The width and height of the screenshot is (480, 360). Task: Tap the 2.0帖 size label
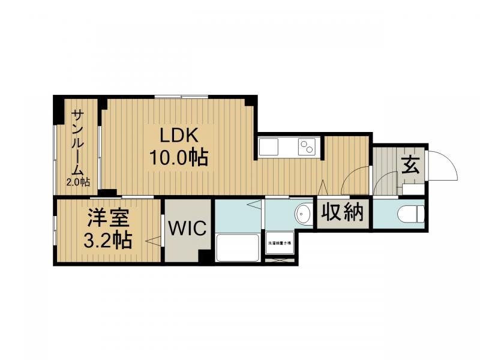click(x=78, y=182)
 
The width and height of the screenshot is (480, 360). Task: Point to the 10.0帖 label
click(x=178, y=157)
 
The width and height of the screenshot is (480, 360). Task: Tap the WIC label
click(x=187, y=229)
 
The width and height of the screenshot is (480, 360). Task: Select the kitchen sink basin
click(x=268, y=146)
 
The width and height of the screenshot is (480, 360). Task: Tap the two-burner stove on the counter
click(x=307, y=146)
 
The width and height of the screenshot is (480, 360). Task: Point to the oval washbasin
click(x=304, y=213)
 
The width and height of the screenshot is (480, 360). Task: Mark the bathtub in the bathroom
click(x=238, y=247)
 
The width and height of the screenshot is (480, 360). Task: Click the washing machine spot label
click(x=280, y=242)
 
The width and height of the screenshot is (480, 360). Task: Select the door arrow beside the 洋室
click(x=154, y=241)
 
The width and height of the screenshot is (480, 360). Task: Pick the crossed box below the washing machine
click(x=280, y=260)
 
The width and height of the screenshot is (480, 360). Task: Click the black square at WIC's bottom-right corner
click(x=206, y=256)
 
